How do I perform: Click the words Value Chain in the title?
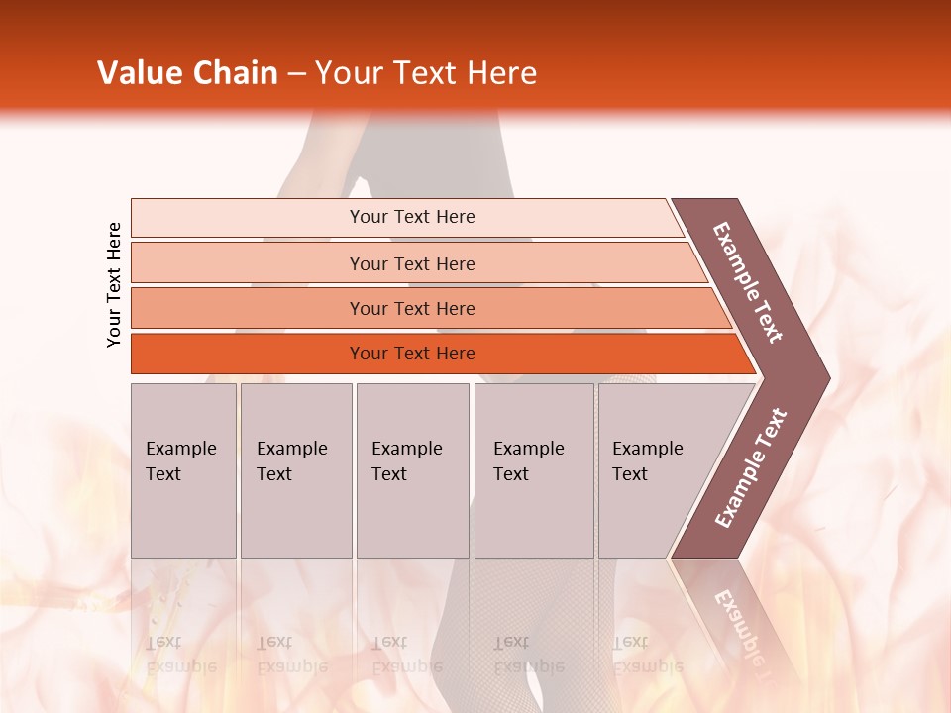click(187, 73)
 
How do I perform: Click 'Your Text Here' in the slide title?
click(426, 73)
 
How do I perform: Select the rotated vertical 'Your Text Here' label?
click(114, 284)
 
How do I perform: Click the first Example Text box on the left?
click(183, 470)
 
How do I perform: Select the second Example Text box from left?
click(295, 470)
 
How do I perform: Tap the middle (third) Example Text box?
click(412, 470)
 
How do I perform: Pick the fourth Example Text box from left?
click(534, 470)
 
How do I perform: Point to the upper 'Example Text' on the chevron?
click(748, 282)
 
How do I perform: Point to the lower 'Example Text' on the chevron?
click(751, 468)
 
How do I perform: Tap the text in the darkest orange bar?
click(412, 354)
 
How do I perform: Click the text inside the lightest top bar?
click(412, 217)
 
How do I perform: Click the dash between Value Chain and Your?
click(296, 74)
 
